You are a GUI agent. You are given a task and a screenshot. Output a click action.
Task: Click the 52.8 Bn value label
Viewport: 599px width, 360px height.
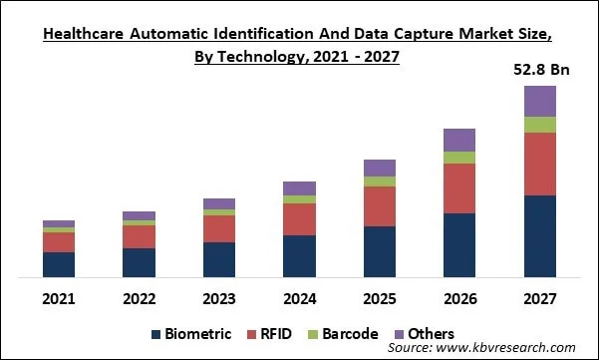(x=540, y=69)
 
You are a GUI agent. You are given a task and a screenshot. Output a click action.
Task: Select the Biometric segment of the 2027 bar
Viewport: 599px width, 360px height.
(x=540, y=236)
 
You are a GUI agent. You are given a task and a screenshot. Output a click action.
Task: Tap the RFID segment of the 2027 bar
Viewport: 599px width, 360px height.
(x=540, y=164)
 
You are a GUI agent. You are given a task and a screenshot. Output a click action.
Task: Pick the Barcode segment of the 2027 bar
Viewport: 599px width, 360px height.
(x=540, y=125)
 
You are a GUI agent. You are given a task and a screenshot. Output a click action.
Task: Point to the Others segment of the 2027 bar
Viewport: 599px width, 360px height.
(x=540, y=101)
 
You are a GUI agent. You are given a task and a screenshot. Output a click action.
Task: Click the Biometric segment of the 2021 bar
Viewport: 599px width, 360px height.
(x=59, y=264)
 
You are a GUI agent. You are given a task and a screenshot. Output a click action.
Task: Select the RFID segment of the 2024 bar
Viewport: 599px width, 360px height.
(x=299, y=219)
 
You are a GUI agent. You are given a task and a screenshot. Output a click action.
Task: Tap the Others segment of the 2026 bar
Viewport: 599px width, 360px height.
(x=459, y=140)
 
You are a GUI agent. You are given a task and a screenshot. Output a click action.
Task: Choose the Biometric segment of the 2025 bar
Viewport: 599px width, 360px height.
(x=380, y=251)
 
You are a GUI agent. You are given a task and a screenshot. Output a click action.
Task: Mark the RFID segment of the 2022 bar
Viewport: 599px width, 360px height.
(x=139, y=236)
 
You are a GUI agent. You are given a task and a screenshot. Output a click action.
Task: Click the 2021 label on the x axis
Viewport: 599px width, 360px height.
(x=59, y=298)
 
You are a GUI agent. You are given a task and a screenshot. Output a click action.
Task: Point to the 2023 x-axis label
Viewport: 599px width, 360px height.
(x=219, y=298)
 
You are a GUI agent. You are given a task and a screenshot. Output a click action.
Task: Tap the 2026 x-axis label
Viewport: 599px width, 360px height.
(x=459, y=298)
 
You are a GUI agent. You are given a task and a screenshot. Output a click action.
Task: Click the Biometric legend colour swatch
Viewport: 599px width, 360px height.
(x=157, y=334)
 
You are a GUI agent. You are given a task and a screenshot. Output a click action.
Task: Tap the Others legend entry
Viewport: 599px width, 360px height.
(x=424, y=334)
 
